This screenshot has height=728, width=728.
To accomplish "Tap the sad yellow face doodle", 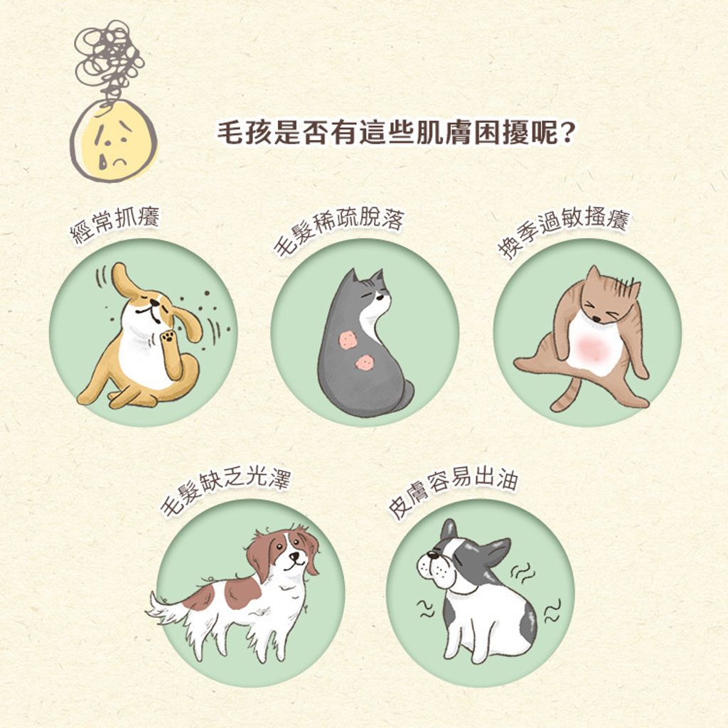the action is point(114,141).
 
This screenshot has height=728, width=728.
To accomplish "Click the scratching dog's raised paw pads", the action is point(168,336).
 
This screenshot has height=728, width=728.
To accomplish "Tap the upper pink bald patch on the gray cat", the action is point(347,340).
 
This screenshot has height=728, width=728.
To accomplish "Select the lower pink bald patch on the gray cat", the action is point(365,363).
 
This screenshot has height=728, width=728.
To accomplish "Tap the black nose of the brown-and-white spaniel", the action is point(294,555).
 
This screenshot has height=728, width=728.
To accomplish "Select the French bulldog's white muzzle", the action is point(435,569).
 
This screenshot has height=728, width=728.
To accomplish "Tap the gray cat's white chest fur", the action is point(374,321).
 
